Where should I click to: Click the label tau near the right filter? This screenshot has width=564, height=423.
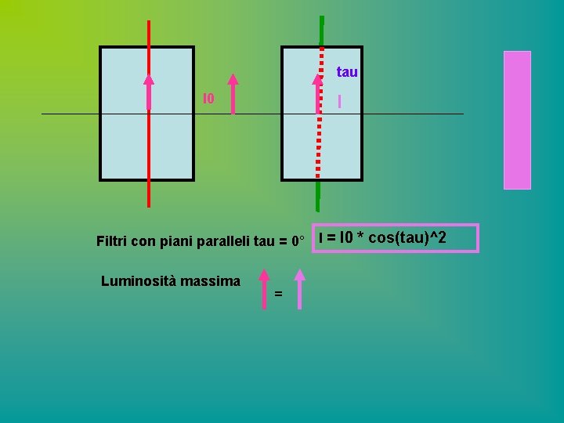click(347, 72)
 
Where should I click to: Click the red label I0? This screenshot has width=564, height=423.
click(208, 99)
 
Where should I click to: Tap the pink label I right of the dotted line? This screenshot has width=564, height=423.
click(339, 101)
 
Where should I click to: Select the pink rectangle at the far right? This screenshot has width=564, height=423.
click(517, 120)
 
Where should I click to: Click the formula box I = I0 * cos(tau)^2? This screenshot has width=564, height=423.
click(395, 238)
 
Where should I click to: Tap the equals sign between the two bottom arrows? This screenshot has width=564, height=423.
click(279, 294)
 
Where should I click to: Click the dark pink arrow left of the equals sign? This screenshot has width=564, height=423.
click(264, 290)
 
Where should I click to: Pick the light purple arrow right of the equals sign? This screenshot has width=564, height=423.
click(299, 290)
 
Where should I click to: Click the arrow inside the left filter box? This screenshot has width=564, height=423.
click(149, 92)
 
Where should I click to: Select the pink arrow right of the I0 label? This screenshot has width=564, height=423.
click(233, 94)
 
